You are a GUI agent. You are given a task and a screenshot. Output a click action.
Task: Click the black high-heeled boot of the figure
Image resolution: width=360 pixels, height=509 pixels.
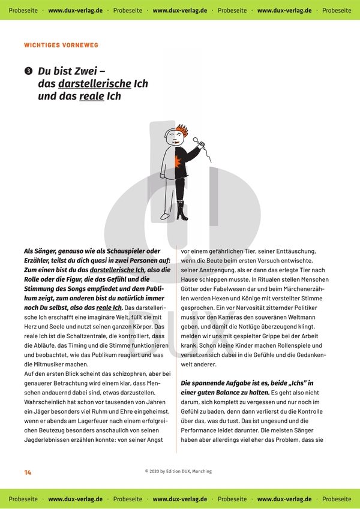point(182,211)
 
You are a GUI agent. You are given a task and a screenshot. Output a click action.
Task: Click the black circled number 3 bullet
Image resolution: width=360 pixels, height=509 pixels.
point(28,71)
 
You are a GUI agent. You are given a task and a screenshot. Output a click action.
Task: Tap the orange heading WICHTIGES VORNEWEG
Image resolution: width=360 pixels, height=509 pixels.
point(61,45)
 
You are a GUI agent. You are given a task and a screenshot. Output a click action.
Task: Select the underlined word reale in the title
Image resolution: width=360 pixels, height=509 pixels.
point(92,96)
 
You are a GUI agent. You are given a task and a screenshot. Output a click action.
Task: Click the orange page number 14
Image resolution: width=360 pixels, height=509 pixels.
point(28,472)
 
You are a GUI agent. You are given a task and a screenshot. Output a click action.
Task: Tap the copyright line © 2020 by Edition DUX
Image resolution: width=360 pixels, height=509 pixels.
point(178,472)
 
